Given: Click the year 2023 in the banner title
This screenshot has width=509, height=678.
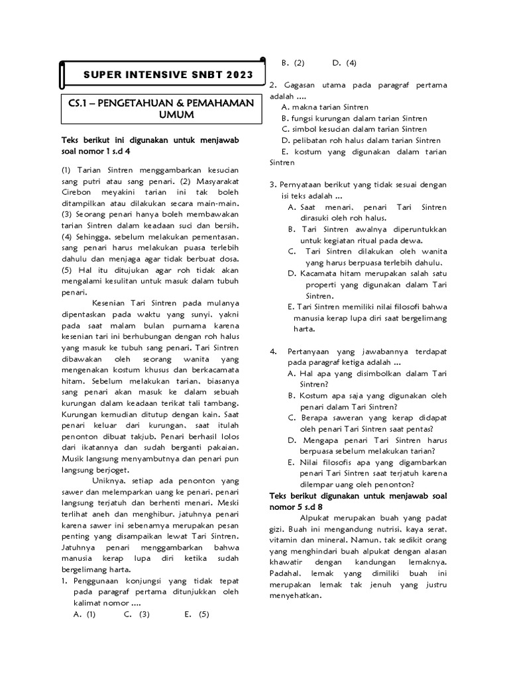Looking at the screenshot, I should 239,75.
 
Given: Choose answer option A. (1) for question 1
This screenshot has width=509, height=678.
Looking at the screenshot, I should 85,614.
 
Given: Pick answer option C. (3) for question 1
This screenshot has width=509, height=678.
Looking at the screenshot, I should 137,614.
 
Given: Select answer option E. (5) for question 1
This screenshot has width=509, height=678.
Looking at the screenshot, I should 197,614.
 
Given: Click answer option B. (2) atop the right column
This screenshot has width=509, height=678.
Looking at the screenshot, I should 292,63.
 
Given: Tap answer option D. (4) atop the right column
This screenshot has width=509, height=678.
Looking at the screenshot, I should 345,63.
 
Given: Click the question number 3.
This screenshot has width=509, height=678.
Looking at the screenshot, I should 272,184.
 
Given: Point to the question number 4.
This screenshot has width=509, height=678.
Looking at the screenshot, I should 272,351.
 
